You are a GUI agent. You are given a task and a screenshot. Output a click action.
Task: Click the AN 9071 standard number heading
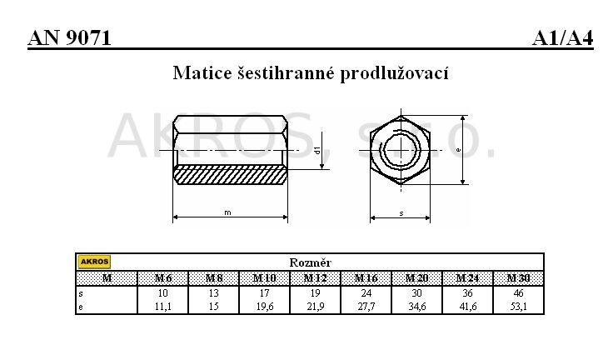[69, 38]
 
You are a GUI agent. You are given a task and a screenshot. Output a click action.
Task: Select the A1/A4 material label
[563, 38]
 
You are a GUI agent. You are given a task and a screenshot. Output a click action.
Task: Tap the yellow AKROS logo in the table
[94, 262]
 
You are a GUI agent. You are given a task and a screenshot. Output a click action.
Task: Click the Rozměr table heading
[310, 262]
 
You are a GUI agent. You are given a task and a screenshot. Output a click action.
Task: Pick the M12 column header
[316, 278]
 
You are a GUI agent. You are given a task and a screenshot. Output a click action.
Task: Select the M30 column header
[518, 278]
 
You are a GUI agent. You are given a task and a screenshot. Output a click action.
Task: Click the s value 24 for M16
[366, 292]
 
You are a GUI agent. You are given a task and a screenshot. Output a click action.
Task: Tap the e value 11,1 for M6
[163, 307]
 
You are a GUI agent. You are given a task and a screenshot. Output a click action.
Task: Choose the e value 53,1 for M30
[518, 307]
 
